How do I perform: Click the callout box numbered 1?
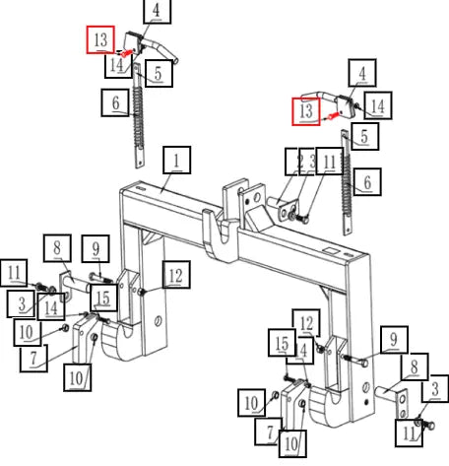(x=177, y=160)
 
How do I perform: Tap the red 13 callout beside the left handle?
(x=100, y=39)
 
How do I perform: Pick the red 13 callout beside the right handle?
(x=306, y=111)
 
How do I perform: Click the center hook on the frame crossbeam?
(x=219, y=233)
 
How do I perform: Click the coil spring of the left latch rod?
(x=138, y=116)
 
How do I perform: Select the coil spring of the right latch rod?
(x=346, y=184)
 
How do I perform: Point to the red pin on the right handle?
(x=333, y=115)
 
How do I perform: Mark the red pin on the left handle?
(x=127, y=53)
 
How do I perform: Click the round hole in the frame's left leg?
(x=159, y=320)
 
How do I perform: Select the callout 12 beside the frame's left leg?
(x=176, y=275)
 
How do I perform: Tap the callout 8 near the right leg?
(x=415, y=366)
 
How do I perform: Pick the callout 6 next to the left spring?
(x=115, y=102)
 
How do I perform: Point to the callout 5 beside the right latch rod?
(x=364, y=136)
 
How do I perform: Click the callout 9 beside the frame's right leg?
(x=394, y=340)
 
